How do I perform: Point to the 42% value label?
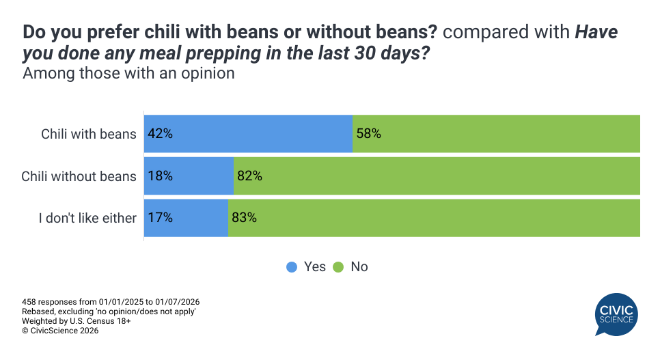tap(160, 134)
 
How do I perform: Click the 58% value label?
tap(368, 134)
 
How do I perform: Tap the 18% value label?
tap(160, 176)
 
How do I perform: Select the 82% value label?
tap(249, 176)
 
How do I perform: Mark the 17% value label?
tap(160, 219)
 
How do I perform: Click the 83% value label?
tap(244, 219)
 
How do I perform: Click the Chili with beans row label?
tap(89, 134)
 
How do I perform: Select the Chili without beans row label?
tap(79, 176)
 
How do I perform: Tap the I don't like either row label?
tap(87, 219)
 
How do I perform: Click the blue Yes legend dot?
tap(292, 267)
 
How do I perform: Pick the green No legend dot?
tap(338, 267)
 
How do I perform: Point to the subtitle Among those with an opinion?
tap(129, 74)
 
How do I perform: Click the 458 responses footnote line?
tap(111, 302)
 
